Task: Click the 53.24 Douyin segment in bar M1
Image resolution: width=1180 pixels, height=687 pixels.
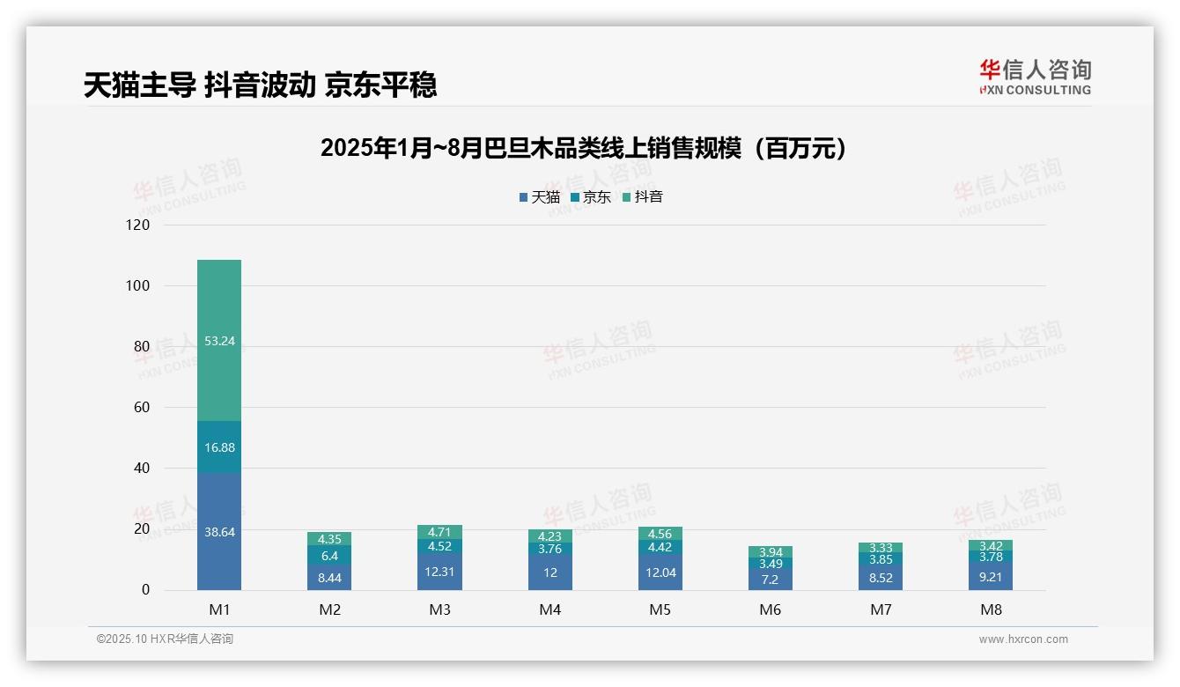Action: [x=219, y=341]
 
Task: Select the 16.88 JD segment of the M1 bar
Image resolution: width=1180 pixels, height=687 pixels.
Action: [x=219, y=447]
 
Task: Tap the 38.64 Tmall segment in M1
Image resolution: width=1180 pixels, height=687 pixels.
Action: [x=219, y=532]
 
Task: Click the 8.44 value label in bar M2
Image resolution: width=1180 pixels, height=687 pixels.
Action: [x=329, y=578]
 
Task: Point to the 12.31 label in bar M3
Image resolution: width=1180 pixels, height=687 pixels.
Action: [x=439, y=571]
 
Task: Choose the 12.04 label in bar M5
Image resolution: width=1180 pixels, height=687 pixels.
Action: [x=660, y=572]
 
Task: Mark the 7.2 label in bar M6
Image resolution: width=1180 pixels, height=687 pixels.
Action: [x=770, y=580]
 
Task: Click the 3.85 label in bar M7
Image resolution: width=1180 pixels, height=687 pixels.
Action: [x=881, y=559]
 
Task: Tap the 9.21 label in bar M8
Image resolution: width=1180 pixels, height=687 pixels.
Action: [x=991, y=577]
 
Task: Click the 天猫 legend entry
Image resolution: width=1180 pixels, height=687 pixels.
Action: [x=540, y=197]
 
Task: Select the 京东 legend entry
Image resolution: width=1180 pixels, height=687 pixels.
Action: [x=591, y=197]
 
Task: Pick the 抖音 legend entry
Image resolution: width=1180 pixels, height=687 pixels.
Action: [x=643, y=197]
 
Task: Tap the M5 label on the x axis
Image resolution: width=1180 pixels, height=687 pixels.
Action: [x=660, y=609]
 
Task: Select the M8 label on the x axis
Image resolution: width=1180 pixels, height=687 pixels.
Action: [x=991, y=609]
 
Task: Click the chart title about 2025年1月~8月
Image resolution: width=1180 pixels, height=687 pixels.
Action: [x=583, y=148]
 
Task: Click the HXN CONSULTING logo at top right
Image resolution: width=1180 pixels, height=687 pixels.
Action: [x=1035, y=78]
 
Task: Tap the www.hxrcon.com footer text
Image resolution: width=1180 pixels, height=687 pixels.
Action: [x=1023, y=639]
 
